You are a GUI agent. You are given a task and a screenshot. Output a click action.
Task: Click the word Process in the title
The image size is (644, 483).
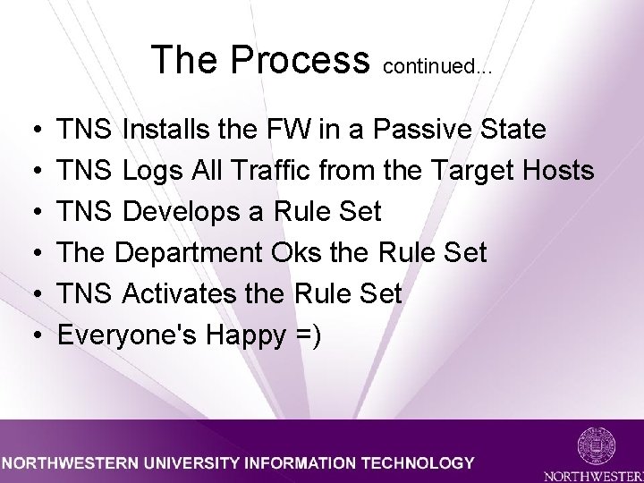(x=300, y=59)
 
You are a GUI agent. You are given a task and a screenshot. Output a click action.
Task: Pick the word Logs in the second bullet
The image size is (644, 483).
(x=154, y=171)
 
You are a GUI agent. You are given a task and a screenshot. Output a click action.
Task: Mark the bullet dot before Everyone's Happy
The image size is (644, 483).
(x=34, y=335)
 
